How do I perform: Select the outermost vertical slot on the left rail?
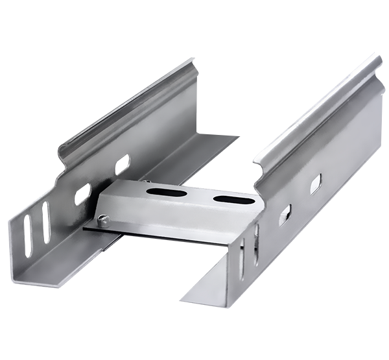(x=27, y=231)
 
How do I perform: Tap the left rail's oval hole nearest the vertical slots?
(x=83, y=192)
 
